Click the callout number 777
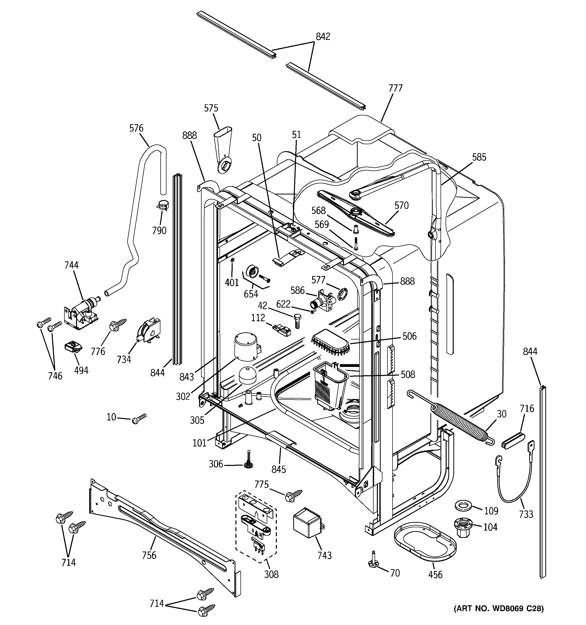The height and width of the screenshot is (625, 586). [395, 88]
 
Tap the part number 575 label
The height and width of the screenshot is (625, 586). [211, 108]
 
